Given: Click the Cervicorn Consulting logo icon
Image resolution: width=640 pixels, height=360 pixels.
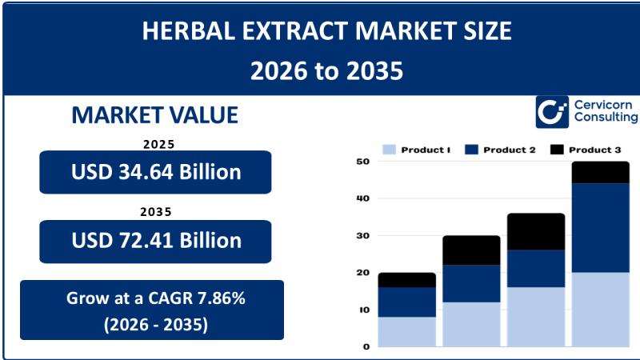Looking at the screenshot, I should (x=552, y=112).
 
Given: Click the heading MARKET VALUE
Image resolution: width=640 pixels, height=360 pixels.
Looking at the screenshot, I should (x=155, y=115).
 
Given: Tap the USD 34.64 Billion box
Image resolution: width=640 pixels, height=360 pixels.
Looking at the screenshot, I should (x=155, y=172).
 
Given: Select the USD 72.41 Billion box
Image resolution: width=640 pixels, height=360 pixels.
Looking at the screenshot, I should (x=155, y=241).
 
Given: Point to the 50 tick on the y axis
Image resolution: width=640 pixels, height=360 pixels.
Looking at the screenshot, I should (x=362, y=162).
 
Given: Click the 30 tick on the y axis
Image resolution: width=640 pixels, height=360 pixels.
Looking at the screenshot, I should (x=362, y=236).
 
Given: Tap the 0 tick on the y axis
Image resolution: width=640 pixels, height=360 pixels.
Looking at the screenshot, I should (x=366, y=346).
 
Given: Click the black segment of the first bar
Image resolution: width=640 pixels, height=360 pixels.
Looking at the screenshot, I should (x=406, y=280).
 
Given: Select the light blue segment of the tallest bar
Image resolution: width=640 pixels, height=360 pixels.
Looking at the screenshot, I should (x=600, y=309).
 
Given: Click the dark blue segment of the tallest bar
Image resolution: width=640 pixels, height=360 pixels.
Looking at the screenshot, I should (x=600, y=228).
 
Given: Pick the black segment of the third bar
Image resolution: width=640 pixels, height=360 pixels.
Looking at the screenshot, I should (x=535, y=231).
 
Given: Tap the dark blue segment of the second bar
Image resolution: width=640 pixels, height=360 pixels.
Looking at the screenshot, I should (x=471, y=283).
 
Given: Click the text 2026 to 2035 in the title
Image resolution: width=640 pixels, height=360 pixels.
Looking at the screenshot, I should (x=326, y=71).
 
